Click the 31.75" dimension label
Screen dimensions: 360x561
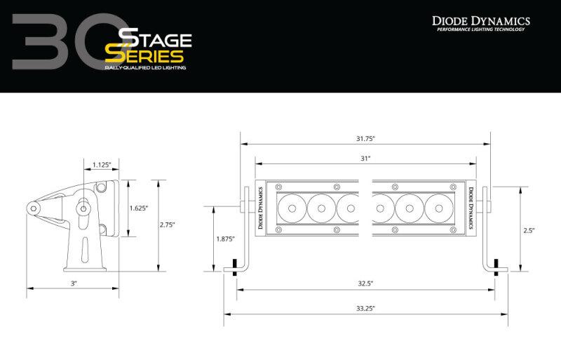(x=365, y=138)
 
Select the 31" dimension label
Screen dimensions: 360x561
(x=365, y=159)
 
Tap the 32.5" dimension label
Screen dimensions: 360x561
(x=364, y=283)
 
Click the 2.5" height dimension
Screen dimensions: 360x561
(x=531, y=229)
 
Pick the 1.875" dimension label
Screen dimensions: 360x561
(x=225, y=239)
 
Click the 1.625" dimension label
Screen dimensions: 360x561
(x=139, y=208)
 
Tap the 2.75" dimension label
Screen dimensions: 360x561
(x=168, y=225)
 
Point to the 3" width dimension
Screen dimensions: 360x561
(x=73, y=283)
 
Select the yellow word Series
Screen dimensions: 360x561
(x=144, y=55)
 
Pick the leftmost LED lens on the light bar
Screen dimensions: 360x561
(x=292, y=208)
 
